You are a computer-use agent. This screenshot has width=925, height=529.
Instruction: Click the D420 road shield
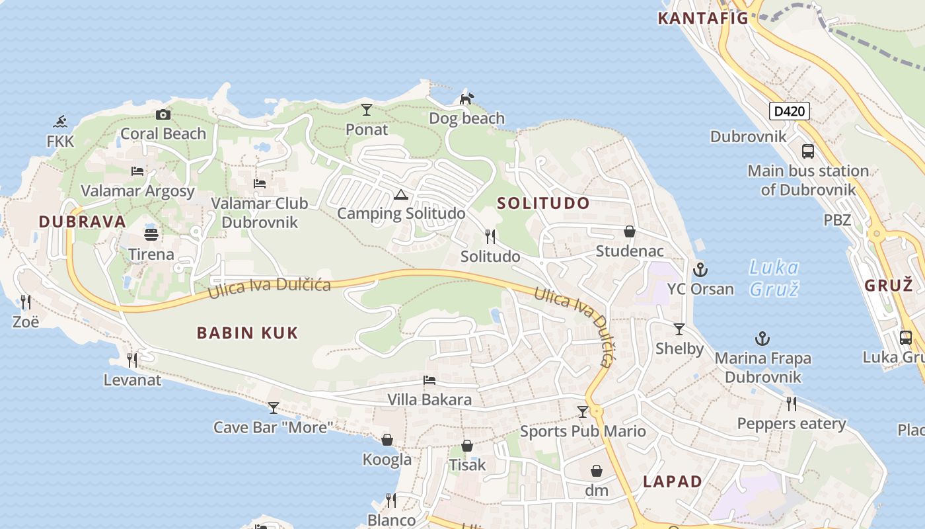click(x=790, y=111)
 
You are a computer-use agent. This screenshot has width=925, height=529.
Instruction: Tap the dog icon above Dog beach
click(x=466, y=99)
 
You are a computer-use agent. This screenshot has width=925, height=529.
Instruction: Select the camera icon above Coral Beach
click(x=163, y=114)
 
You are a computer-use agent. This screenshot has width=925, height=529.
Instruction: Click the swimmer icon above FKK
click(x=61, y=122)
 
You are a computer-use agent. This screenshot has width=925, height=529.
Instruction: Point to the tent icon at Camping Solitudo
click(x=400, y=194)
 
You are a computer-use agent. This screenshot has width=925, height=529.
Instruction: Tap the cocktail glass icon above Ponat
click(x=367, y=110)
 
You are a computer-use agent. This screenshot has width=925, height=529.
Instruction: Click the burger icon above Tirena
click(x=151, y=235)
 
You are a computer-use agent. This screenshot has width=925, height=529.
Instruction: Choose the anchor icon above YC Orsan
click(x=700, y=270)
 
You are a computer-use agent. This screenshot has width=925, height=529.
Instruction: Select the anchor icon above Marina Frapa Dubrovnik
click(x=762, y=339)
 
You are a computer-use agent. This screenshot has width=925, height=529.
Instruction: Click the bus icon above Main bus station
click(x=807, y=151)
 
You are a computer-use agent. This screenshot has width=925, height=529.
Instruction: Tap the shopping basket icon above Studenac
click(x=630, y=231)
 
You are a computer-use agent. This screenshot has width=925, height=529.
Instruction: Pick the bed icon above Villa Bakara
click(x=429, y=380)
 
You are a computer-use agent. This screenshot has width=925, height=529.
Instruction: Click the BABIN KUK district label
click(x=248, y=333)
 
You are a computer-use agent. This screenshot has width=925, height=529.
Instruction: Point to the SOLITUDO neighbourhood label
click(x=543, y=203)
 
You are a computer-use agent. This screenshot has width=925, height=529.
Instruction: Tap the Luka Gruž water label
click(x=774, y=278)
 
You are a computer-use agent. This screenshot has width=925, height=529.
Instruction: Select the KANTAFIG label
click(x=703, y=18)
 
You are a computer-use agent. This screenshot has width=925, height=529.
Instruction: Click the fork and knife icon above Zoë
click(x=26, y=302)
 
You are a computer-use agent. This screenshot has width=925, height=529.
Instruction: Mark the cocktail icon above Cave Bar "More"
click(x=273, y=407)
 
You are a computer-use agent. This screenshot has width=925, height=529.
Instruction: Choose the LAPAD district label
click(x=673, y=481)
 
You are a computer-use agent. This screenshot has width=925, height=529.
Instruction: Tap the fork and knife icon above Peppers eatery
click(x=791, y=403)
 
